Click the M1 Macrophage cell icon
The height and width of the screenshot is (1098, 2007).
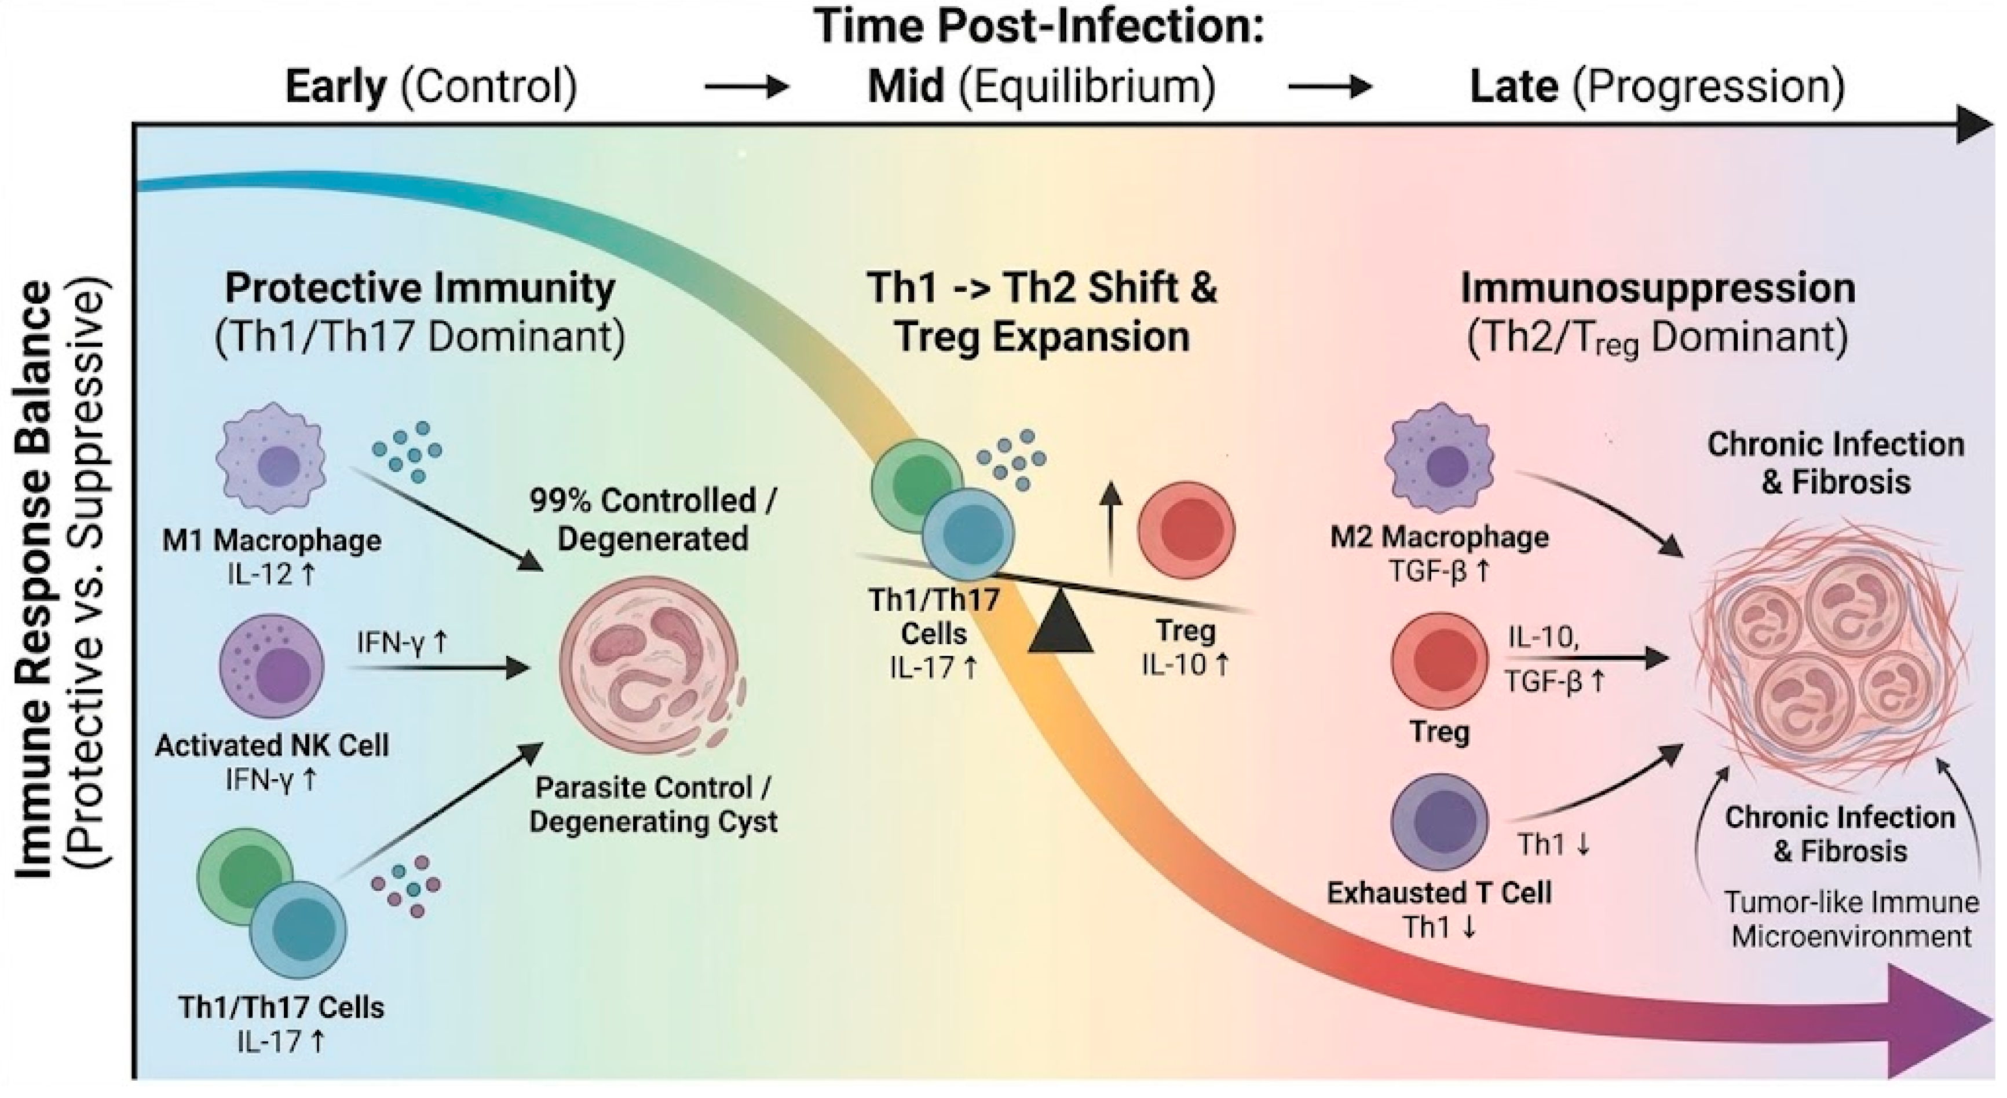(x=271, y=458)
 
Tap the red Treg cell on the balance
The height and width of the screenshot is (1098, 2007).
(x=1186, y=530)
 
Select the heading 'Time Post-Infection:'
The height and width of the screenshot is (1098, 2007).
(x=1039, y=27)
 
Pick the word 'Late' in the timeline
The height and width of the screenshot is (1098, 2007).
(x=1514, y=86)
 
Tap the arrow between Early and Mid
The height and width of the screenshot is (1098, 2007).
(x=747, y=86)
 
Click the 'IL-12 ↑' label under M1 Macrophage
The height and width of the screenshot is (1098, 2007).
(x=272, y=575)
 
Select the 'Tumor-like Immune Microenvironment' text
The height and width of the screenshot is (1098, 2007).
(x=1851, y=920)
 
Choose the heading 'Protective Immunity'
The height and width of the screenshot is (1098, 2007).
(x=420, y=288)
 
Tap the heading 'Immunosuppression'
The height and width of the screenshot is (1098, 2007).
(x=1657, y=288)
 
